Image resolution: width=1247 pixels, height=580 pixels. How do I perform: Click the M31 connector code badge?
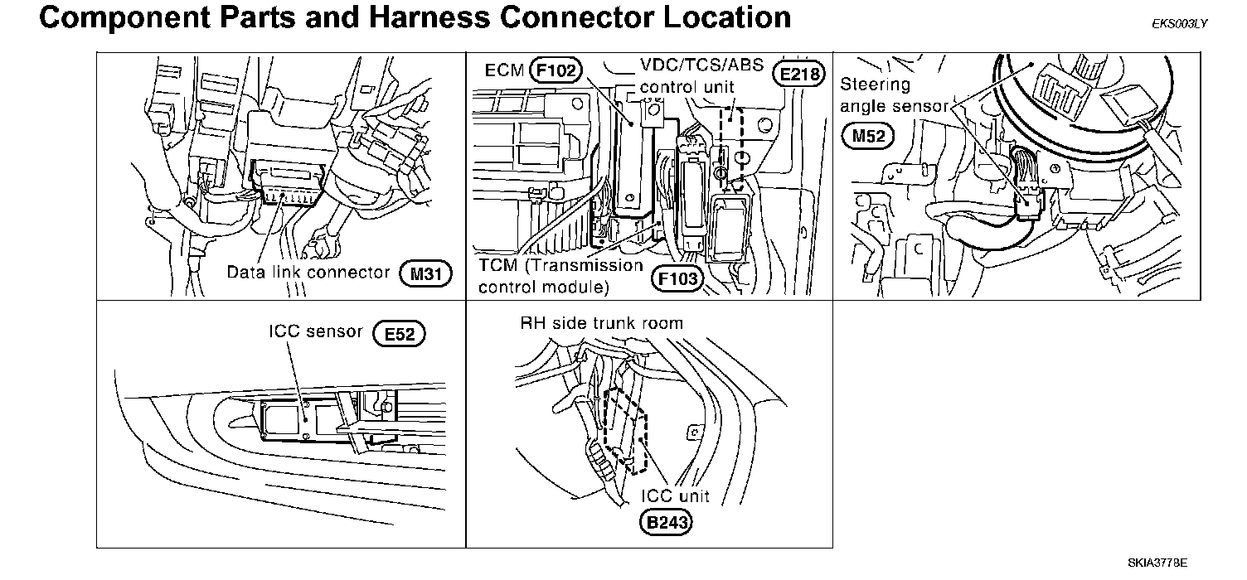coord(425,273)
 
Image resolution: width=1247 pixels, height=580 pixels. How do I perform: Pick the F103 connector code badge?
coord(677,279)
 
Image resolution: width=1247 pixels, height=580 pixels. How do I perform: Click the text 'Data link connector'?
coord(308,273)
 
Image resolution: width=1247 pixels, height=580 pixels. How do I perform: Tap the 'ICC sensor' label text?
coord(316,331)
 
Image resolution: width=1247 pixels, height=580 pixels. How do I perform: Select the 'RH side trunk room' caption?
coord(601,323)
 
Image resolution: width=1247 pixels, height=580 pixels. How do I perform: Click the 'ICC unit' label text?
coord(677,496)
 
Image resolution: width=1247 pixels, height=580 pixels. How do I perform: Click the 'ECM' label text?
coord(504,70)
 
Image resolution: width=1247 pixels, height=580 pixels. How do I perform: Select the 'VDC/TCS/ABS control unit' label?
coord(701,76)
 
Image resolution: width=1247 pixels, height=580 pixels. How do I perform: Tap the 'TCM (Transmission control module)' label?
coord(560,277)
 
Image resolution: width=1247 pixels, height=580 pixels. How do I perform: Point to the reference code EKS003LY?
coord(1179,23)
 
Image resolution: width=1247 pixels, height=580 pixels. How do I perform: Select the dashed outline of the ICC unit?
coord(628,431)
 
